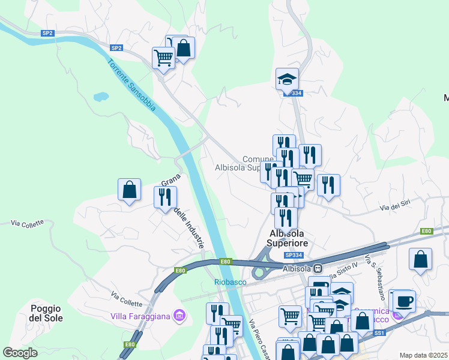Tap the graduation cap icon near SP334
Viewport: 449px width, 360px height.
click(x=287, y=78)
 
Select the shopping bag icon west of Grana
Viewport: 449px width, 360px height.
click(x=129, y=190)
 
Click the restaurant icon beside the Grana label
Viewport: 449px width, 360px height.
click(x=164, y=197)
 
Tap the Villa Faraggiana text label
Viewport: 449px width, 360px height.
click(x=140, y=315)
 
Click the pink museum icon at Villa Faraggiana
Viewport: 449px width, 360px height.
click(x=178, y=314)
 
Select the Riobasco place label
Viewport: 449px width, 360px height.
click(x=230, y=281)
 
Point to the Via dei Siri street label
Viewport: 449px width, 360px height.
click(x=395, y=206)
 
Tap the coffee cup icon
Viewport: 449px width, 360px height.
click(x=404, y=301)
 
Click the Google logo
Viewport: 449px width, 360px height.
click(x=20, y=352)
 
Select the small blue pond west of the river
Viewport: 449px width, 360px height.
click(x=100, y=96)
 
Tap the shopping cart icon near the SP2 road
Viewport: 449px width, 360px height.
click(x=163, y=58)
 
